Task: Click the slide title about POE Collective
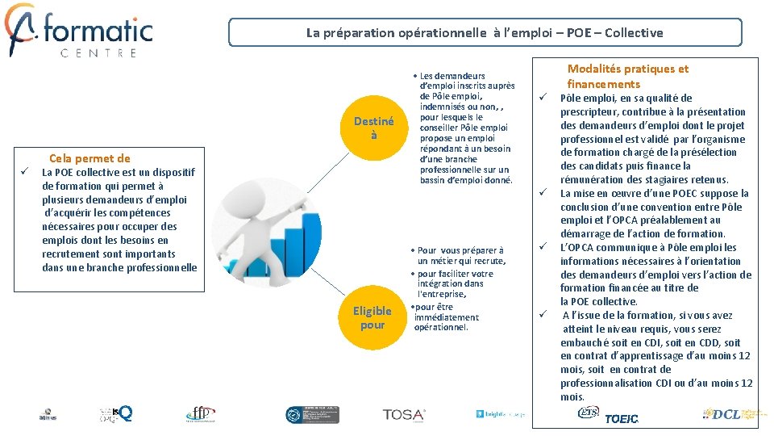pos(485,33)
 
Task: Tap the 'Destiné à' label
pos(373,128)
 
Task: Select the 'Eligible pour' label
pos(372,318)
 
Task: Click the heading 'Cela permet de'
pos(89,158)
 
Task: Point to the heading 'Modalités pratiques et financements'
pos(627,77)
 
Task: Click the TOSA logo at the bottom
pos(404,415)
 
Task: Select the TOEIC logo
pos(621,418)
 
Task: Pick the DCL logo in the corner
pos(730,414)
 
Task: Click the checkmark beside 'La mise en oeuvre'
pos(544,193)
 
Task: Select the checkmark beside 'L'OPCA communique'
pos(544,247)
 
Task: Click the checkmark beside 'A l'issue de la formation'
pos(544,315)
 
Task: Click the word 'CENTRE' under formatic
pos(98,53)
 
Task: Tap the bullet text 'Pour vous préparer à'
pos(460,250)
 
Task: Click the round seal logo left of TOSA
pos(301,415)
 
